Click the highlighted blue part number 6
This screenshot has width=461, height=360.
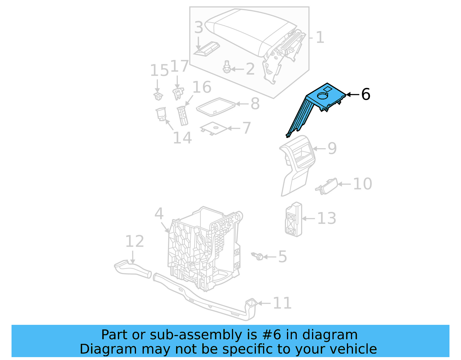[320, 101]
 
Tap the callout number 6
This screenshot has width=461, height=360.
[366, 94]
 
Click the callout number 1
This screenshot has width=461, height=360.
[320, 37]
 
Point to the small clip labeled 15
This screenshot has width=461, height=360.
[158, 96]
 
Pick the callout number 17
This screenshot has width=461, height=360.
[179, 66]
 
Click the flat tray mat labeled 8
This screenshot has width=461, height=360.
[216, 107]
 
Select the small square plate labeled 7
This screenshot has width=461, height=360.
[214, 128]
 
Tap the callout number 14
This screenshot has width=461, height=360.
[182, 138]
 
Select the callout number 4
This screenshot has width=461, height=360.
[159, 214]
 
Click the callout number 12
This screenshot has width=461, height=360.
[135, 241]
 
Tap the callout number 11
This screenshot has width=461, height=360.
[282, 303]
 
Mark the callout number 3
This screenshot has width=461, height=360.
[199, 27]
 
